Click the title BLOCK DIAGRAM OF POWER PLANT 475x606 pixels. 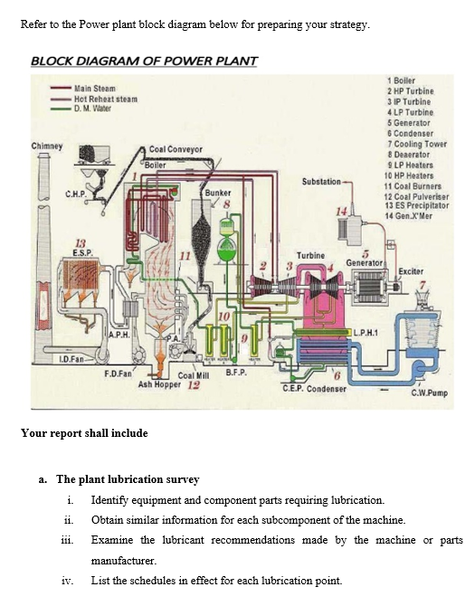(x=144, y=61)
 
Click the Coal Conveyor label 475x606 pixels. (x=176, y=148)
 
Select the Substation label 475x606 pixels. (x=321, y=182)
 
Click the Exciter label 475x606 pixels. (x=412, y=271)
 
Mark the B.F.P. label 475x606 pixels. (x=236, y=372)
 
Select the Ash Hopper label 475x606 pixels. (x=159, y=383)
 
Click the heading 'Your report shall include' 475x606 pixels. (x=84, y=432)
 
